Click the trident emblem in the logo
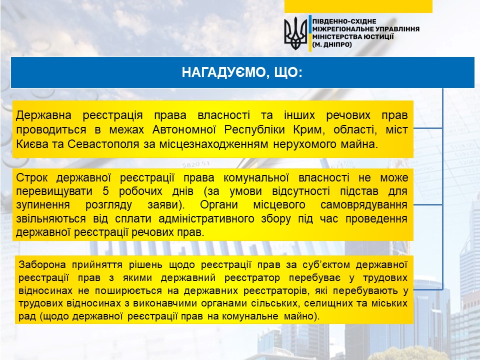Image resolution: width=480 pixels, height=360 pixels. [295, 33]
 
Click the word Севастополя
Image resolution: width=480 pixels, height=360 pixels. [103, 144]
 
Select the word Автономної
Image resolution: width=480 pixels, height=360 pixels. [184, 130]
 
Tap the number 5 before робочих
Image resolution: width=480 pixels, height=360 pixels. [105, 191]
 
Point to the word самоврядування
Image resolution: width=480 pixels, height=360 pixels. [364, 205]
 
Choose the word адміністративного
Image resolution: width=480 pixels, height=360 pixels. [206, 219]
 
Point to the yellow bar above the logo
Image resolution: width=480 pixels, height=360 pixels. [358, 6]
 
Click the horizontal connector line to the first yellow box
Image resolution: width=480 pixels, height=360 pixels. [428, 128]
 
